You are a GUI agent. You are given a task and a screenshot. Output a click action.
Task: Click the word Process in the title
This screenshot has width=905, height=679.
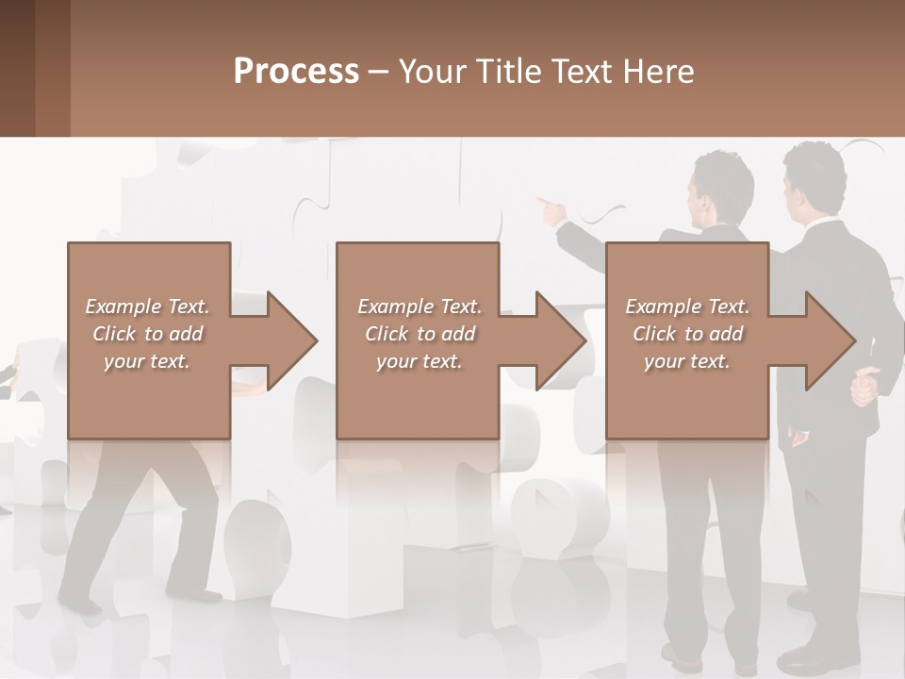296,72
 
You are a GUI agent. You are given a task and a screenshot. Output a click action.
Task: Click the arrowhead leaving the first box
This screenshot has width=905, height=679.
292,340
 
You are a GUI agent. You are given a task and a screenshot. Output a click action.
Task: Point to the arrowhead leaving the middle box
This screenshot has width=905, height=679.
561,340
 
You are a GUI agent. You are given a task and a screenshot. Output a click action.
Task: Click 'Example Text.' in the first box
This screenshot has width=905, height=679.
147,306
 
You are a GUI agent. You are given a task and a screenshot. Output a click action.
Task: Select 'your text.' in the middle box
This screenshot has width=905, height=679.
419,361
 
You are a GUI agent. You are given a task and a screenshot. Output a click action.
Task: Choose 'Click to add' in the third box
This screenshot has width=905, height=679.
687,334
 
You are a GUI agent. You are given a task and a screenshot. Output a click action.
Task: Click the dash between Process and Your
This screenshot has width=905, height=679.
379,72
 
